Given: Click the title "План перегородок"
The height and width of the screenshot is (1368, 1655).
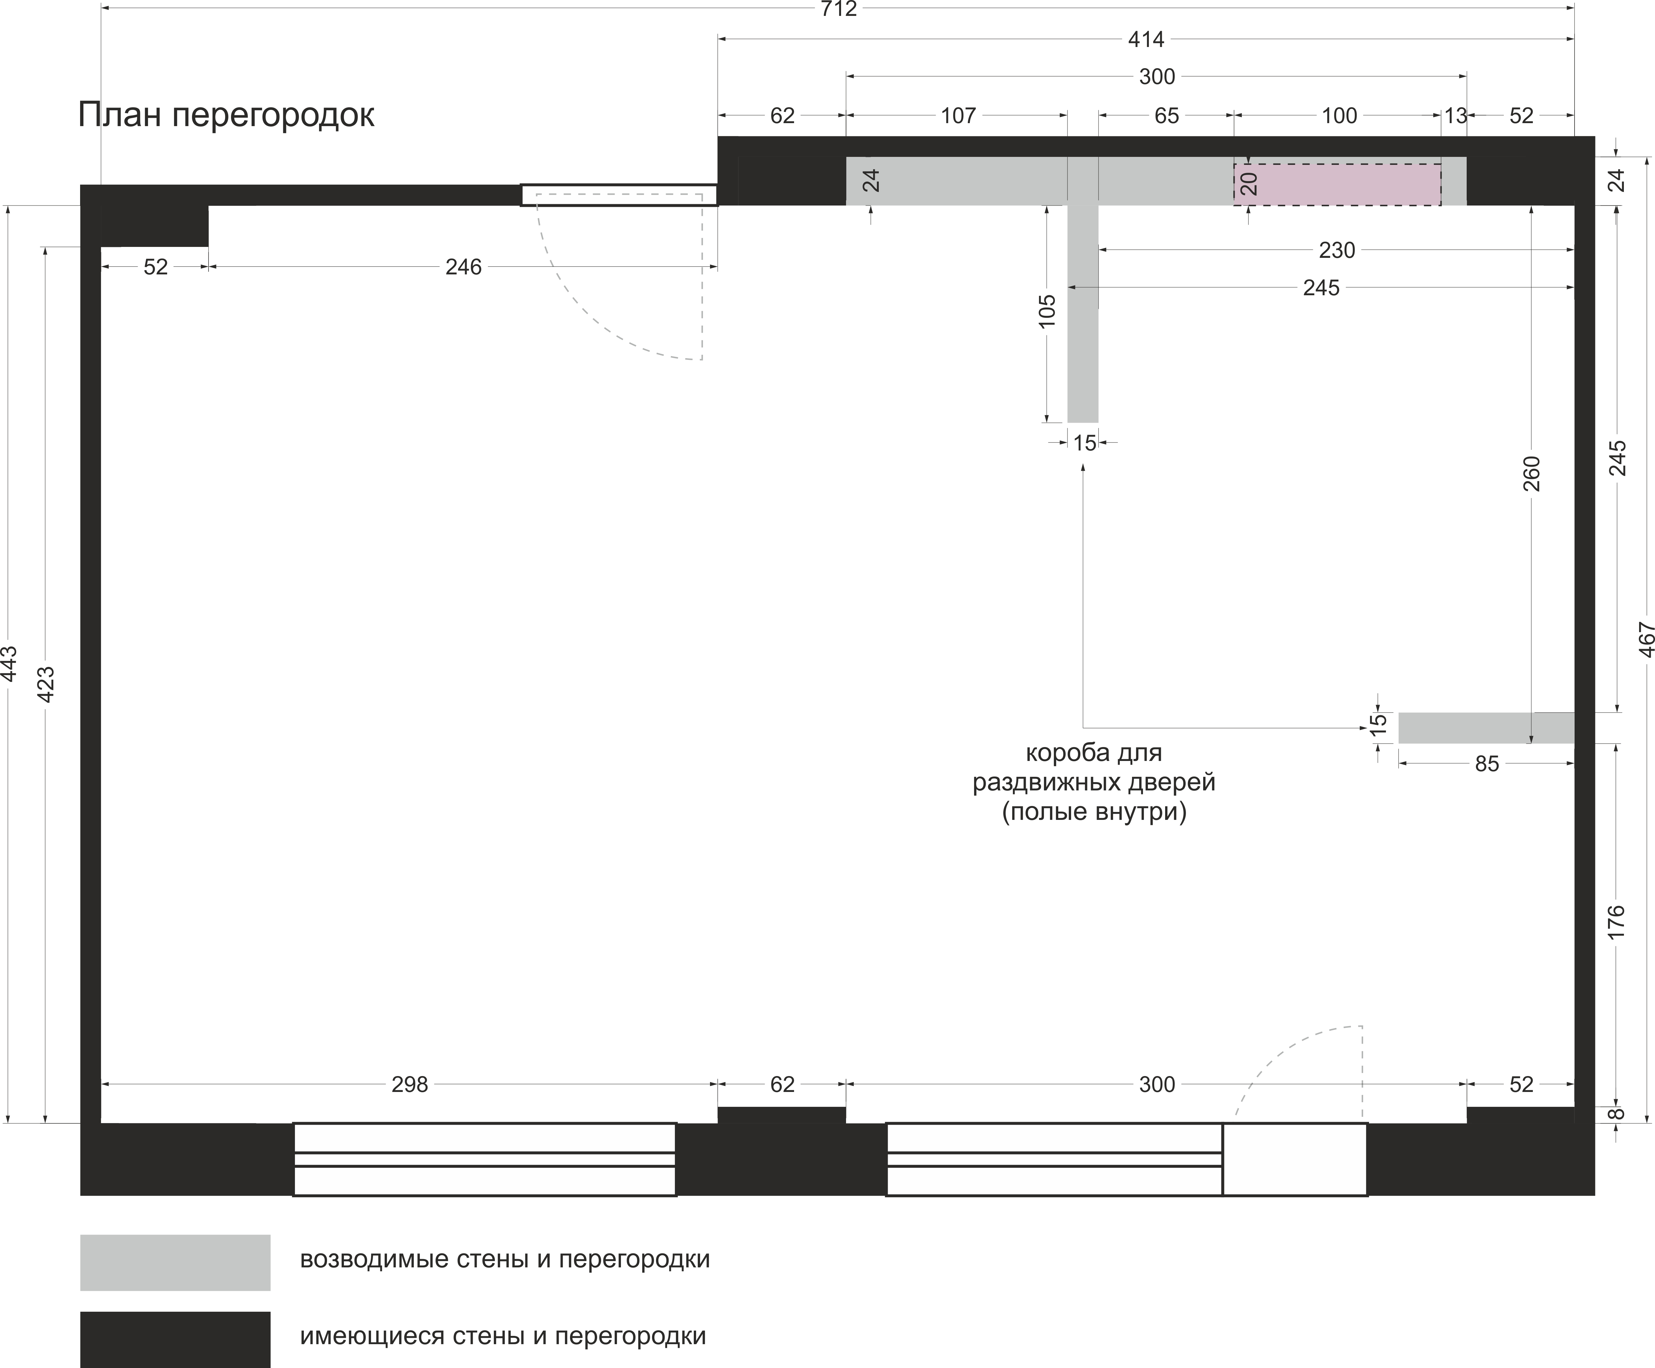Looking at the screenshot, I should tap(226, 115).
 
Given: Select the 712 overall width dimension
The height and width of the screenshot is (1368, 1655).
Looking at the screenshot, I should tap(838, 10).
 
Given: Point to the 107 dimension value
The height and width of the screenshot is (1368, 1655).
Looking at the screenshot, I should tap(958, 116).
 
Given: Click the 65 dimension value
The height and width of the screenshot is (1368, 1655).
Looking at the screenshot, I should tap(1166, 116).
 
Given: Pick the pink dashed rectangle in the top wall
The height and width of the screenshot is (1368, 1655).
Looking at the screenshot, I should tap(1337, 184).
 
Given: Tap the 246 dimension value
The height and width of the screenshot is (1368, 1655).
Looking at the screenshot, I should tap(463, 267).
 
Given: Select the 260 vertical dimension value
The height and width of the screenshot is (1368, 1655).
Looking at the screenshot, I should tap(1531, 474).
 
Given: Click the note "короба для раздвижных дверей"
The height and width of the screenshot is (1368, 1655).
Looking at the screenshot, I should tap(1094, 782).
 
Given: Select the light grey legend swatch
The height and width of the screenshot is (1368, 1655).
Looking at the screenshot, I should tap(175, 1262).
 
